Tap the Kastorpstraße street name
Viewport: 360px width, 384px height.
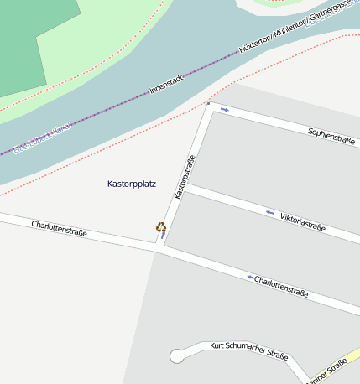185,177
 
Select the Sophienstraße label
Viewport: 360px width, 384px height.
331,136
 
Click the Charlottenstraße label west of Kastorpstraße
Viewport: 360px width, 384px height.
59,227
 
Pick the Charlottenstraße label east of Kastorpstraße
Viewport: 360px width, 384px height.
281,287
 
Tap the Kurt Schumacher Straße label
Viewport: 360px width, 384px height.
249,350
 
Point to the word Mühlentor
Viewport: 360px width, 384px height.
290,29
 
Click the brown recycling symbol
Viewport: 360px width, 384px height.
160,226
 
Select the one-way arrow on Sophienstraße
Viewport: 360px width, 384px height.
224,109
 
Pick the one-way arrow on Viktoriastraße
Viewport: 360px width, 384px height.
269,212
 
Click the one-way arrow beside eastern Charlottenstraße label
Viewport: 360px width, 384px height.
249,277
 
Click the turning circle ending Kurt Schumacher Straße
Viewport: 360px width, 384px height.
177,356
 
